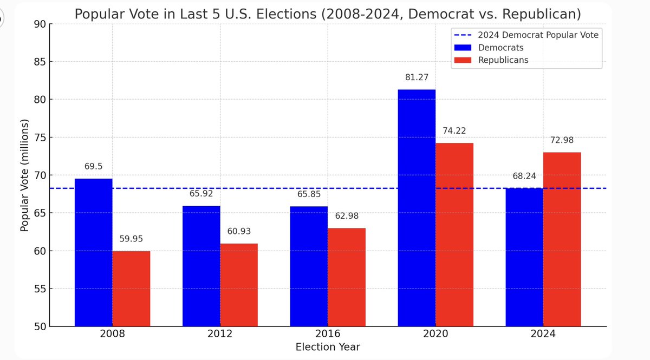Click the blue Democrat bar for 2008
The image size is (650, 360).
tap(93, 252)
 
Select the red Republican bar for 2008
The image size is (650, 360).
tap(131, 289)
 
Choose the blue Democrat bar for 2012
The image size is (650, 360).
tap(201, 266)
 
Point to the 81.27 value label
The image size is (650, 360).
tap(417, 78)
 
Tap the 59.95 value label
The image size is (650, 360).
tap(131, 239)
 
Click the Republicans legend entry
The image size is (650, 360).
tap(503, 60)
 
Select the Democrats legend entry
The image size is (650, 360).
tap(501, 48)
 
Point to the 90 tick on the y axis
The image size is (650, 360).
tap(40, 24)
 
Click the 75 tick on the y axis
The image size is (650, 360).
tap(40, 138)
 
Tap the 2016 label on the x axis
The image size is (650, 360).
tap(328, 334)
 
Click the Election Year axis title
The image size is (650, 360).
tap(328, 347)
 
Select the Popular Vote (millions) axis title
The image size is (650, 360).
tap(24, 175)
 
